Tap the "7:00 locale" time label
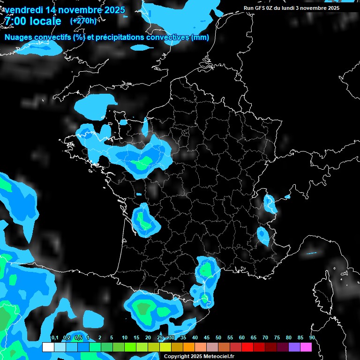tap(33, 21)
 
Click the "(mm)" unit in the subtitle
tap(200, 37)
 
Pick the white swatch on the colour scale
tap(48, 347)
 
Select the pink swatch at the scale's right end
tap(306, 347)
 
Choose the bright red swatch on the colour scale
tap(247, 347)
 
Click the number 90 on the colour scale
tap(312, 337)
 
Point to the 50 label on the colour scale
tap(218, 337)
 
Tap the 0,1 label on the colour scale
tap(54, 337)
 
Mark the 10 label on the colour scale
tap(125, 337)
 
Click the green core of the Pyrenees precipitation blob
tap(142, 308)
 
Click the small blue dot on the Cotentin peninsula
tap(123, 122)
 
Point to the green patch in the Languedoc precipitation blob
tap(205, 270)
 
